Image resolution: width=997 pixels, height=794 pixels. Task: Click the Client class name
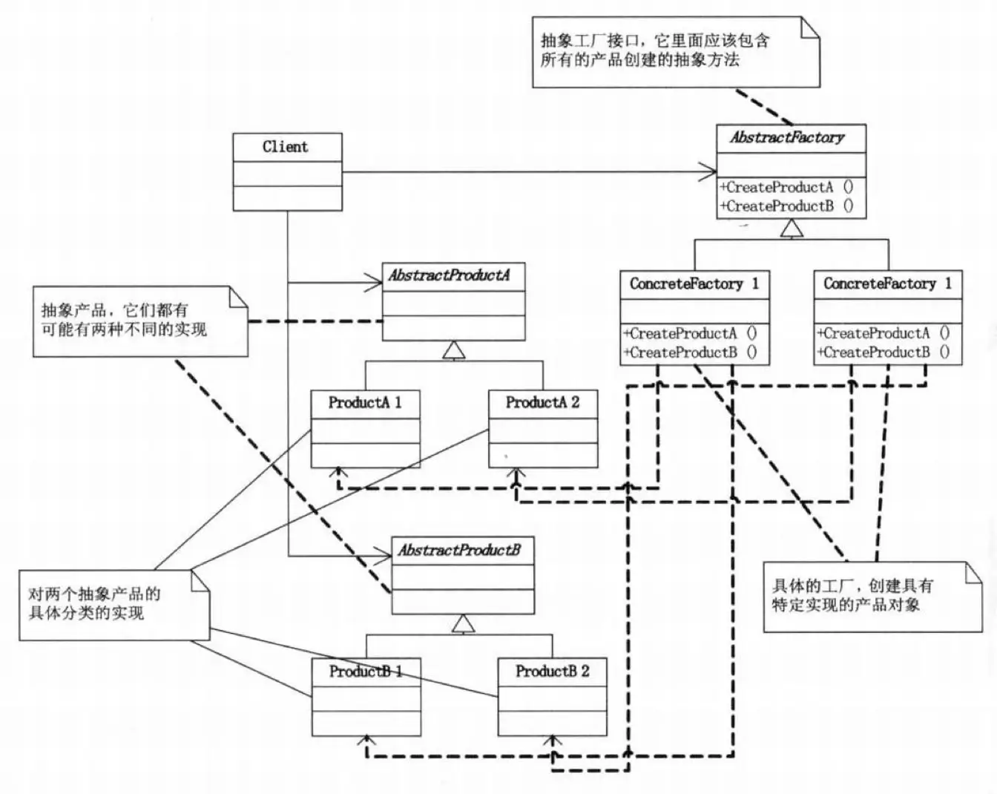pos(286,147)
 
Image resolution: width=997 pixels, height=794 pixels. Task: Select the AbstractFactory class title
pos(788,138)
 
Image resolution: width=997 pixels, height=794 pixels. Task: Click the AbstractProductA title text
pos(450,276)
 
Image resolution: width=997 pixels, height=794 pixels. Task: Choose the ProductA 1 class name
pos(365,403)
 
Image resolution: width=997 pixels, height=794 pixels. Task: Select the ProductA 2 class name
pos(542,403)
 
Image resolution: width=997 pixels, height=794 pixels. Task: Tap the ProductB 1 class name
pos(366,672)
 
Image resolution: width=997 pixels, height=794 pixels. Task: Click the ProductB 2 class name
pos(553,672)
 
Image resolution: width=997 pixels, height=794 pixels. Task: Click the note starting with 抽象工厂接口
pos(675,50)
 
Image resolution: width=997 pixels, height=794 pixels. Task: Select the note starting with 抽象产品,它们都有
pos(134,320)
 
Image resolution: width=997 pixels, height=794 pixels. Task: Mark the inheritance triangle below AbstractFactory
pos(792,229)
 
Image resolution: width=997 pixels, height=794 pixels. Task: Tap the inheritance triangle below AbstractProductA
pos(453,350)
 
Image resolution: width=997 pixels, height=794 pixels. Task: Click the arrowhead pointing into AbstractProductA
pos(375,282)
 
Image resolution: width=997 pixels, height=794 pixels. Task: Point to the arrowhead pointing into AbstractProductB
pos(384,556)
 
